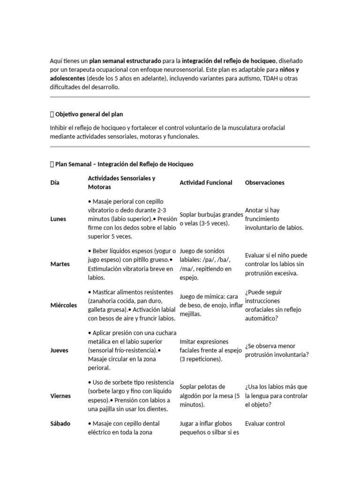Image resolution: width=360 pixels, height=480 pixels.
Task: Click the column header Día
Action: [54, 183]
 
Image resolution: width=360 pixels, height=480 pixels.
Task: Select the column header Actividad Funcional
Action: [206, 183]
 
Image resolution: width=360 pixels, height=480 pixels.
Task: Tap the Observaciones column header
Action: [264, 183]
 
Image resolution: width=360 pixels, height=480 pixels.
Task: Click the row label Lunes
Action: [59, 219]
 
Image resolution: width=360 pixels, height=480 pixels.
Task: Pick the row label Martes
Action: [60, 264]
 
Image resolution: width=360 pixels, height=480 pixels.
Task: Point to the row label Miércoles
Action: [63, 305]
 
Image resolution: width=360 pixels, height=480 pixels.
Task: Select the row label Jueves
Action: [59, 350]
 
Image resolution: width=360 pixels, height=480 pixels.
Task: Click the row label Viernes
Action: [60, 396]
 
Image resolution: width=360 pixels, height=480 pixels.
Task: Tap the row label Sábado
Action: [60, 424]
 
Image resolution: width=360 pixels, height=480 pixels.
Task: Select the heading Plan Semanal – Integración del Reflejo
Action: [124, 165]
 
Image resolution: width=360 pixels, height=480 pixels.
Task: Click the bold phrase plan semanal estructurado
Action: [125, 61]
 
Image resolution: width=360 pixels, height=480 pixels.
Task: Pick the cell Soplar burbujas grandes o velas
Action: [211, 219]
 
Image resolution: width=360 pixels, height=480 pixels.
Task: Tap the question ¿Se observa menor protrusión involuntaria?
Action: [277, 350]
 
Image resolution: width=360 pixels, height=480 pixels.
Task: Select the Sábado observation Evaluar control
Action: [265, 424]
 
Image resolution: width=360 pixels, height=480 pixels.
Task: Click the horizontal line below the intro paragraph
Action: [180, 97]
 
